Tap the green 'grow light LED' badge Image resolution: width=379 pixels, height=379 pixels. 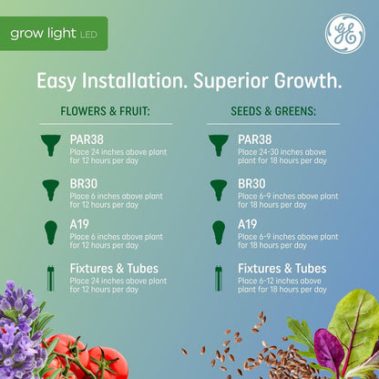54,34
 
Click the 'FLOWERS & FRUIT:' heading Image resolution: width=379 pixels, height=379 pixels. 103,112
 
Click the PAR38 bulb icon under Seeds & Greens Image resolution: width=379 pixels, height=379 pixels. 218,145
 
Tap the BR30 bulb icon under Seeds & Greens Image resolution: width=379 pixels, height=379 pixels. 218,188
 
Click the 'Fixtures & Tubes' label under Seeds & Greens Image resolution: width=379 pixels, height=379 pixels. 282,269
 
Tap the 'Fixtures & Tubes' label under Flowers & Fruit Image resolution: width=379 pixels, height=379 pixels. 114,269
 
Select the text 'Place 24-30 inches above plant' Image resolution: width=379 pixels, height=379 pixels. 282,151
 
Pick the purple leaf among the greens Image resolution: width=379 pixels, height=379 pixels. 329,351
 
